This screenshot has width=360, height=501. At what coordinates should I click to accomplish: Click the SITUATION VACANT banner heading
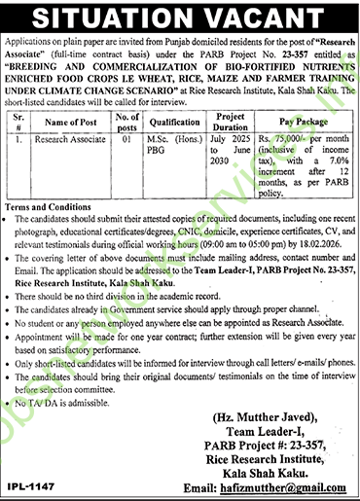(x=180, y=17)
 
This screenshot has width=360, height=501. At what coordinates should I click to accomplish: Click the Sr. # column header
(x=21, y=121)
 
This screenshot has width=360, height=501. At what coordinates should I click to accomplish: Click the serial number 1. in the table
(x=18, y=140)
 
